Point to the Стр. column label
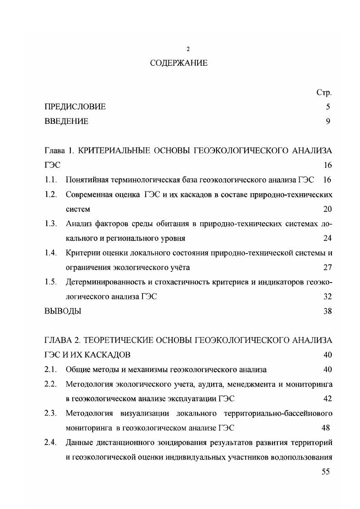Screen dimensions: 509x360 pyautogui.click(x=324, y=93)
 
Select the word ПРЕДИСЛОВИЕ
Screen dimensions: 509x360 pyautogui.click(x=75, y=107)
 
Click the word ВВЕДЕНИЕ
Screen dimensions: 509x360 pyautogui.click(x=66, y=122)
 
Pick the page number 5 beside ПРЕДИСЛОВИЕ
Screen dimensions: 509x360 pyautogui.click(x=328, y=107)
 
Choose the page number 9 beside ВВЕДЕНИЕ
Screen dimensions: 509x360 pyautogui.click(x=328, y=122)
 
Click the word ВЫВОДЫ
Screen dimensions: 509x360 pyautogui.click(x=63, y=311)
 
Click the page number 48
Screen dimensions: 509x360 pyautogui.click(x=325, y=428)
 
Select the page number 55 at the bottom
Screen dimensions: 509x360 pyautogui.click(x=325, y=472)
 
